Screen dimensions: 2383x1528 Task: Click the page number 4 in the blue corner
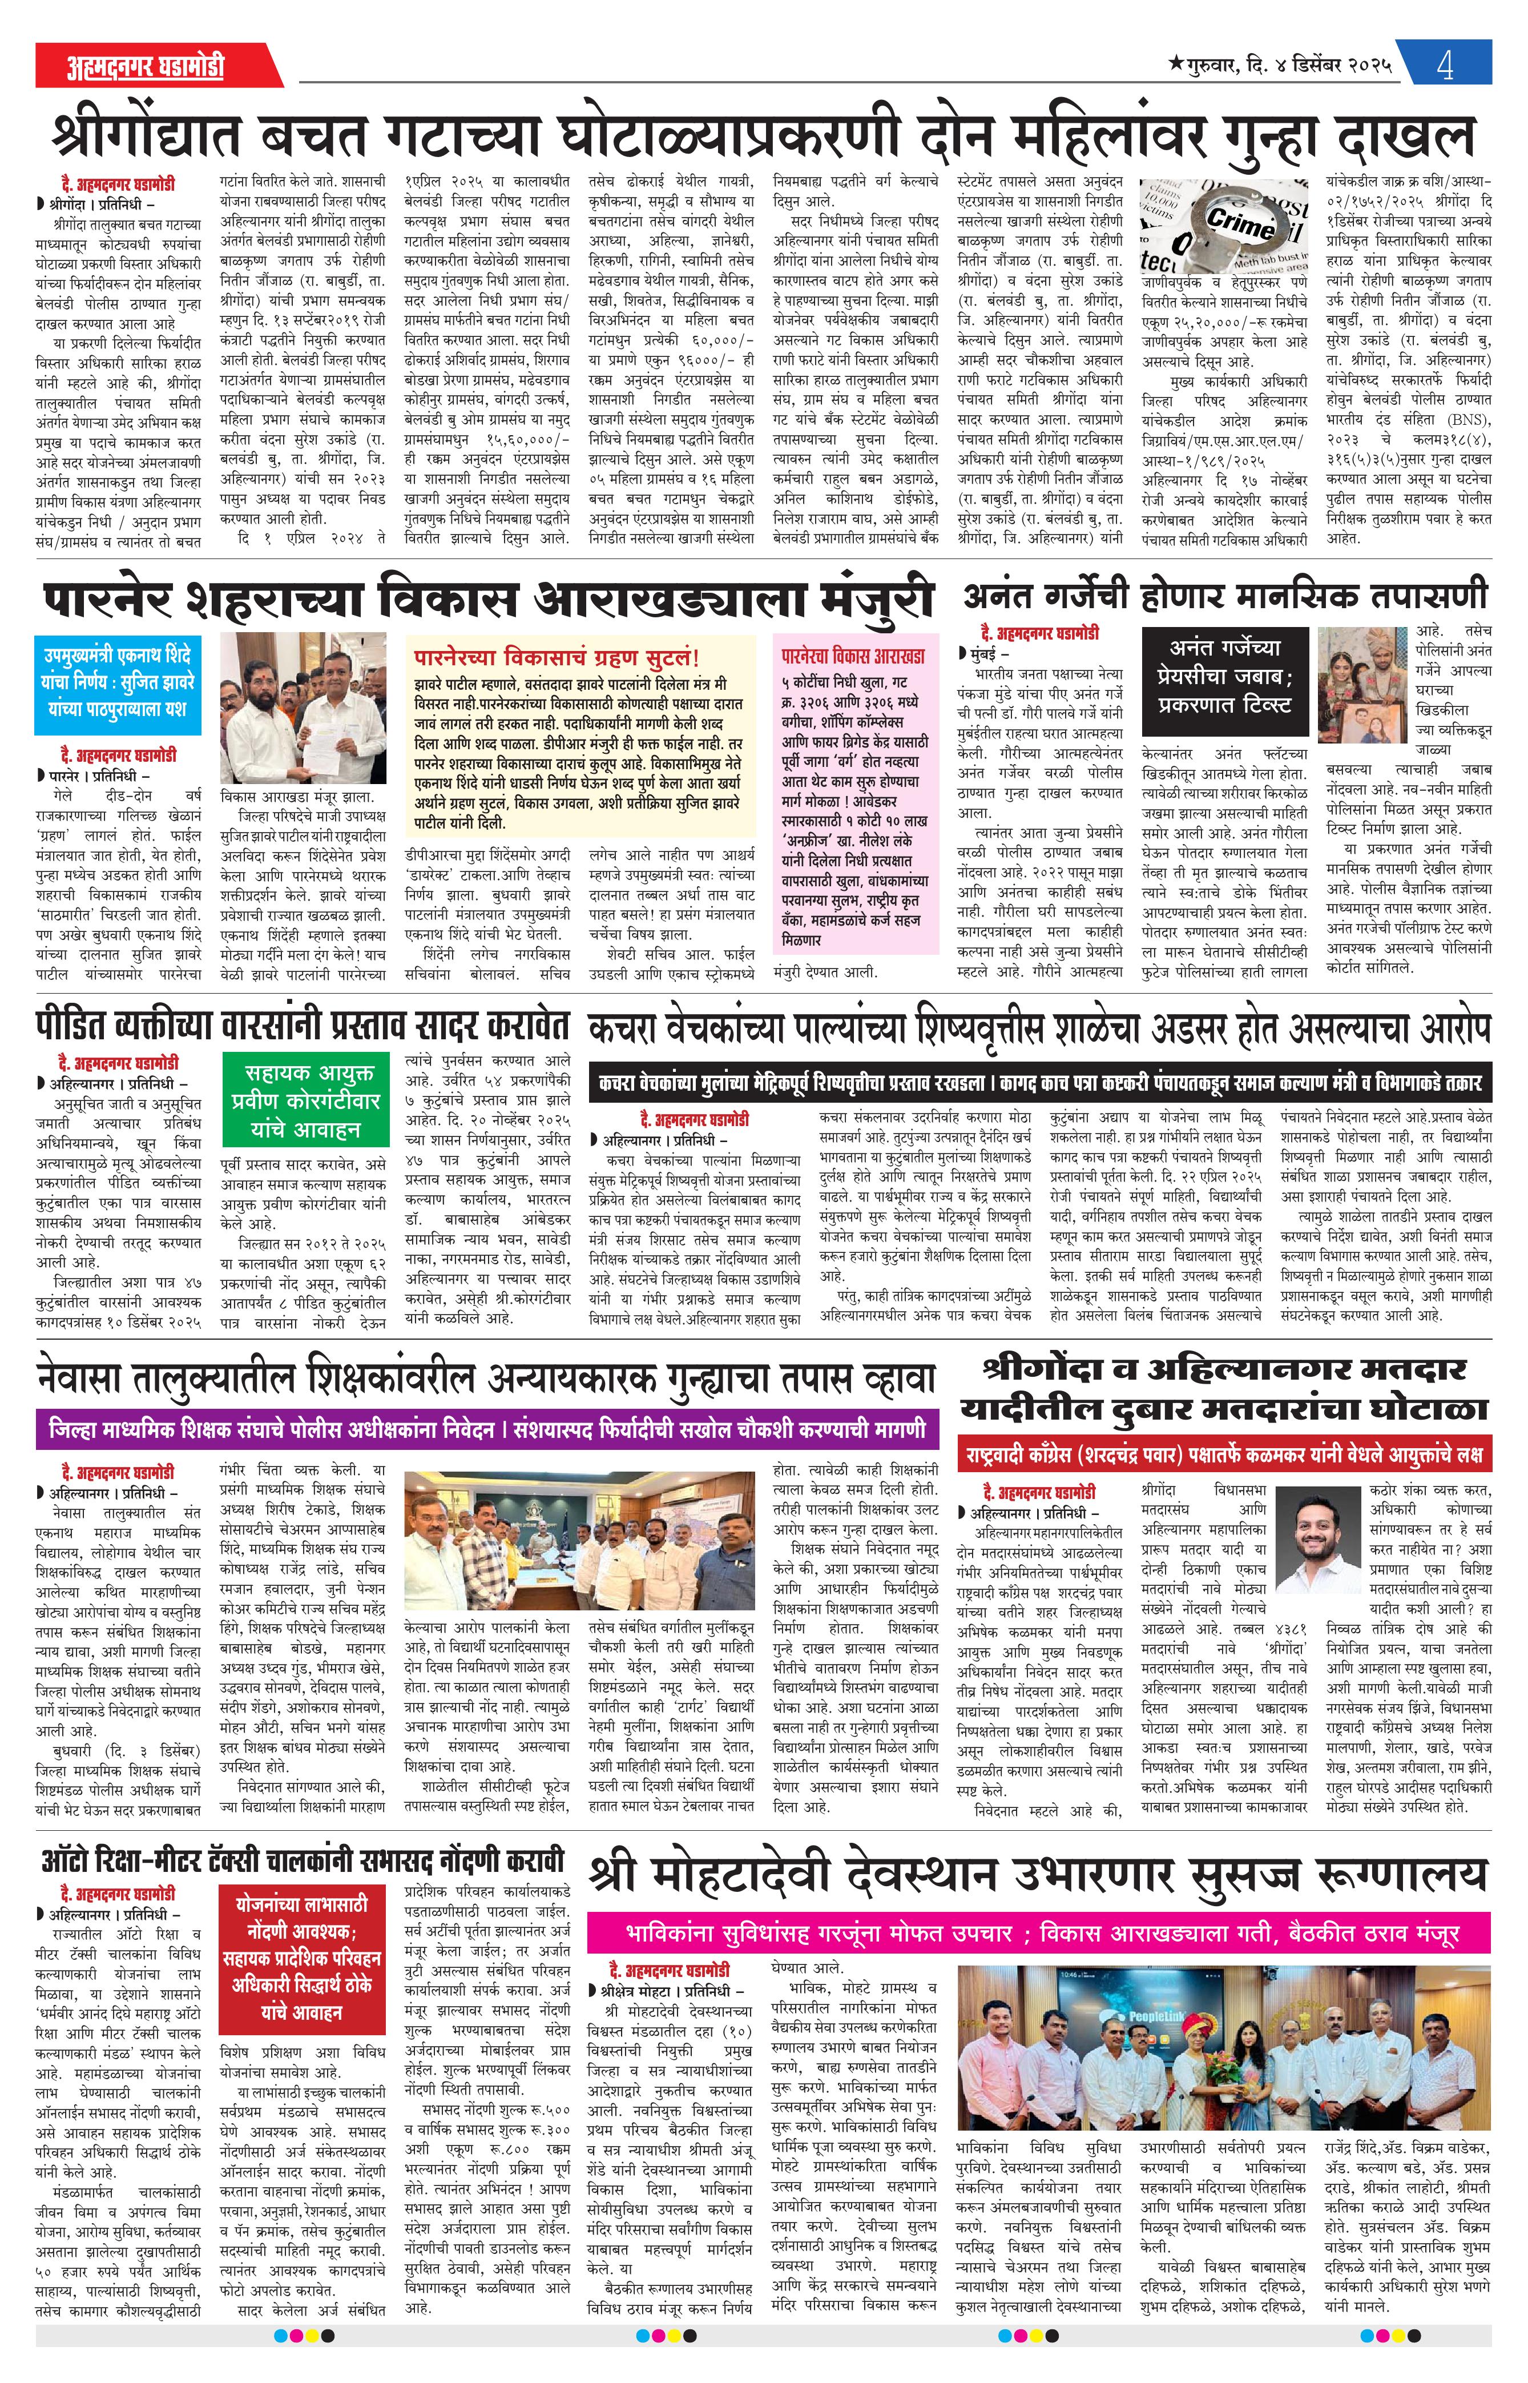(1445, 66)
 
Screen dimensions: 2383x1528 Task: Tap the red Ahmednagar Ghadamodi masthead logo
(145, 66)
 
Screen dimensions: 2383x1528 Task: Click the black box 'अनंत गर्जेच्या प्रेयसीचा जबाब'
(1224, 677)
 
